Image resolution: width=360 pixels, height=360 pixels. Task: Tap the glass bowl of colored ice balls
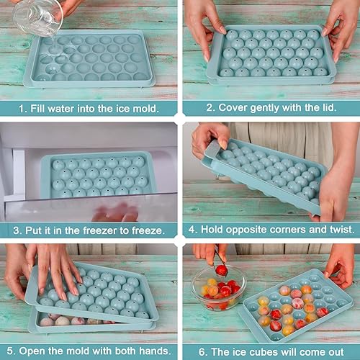217,289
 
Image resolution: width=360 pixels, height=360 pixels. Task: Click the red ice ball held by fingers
221,270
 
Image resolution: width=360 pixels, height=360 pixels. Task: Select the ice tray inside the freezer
97,175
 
